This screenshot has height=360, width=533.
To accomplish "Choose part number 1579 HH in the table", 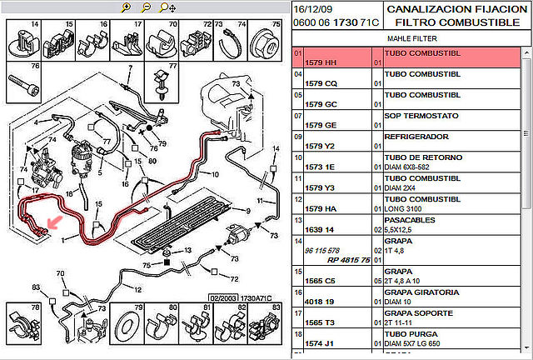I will coord(320,63).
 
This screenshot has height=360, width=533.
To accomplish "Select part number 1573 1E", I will coord(320,167).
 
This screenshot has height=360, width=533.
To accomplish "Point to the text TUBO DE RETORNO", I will coord(419,157).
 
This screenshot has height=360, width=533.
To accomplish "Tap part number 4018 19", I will coord(320,302).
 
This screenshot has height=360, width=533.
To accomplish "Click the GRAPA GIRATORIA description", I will coord(420,292).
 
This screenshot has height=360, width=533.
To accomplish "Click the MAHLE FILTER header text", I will coord(411,38).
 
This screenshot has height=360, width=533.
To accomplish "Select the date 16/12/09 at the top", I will coord(312,8).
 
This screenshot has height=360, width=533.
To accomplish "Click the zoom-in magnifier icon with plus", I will coord(126,7).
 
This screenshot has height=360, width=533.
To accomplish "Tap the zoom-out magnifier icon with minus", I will coord(145,7).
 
